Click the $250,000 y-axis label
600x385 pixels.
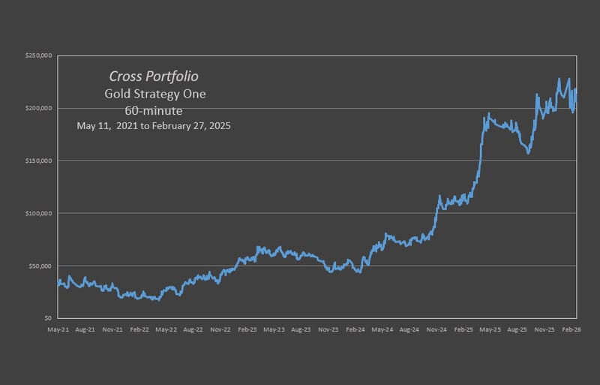point(37,56)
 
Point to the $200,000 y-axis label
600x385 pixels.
point(37,109)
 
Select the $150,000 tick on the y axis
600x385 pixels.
point(37,161)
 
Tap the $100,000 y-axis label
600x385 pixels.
point(37,214)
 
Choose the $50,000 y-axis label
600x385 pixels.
point(39,266)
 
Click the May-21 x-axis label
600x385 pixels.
point(58,329)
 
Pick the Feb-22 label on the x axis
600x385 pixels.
point(139,329)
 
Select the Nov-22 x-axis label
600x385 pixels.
point(220,329)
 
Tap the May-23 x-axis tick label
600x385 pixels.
point(274,329)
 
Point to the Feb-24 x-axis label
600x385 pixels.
point(355,329)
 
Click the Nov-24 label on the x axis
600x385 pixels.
point(436,329)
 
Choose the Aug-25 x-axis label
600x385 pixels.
point(517,329)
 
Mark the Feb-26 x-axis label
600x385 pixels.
point(571,329)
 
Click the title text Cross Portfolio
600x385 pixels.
point(154,77)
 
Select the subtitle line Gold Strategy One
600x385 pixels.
point(154,94)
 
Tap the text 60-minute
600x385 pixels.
point(154,110)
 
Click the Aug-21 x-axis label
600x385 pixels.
point(85,329)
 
